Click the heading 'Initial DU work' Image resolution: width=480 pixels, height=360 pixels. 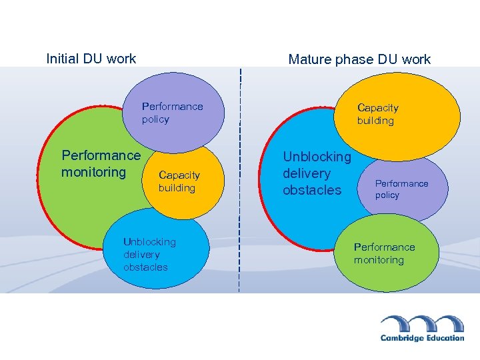(91, 59)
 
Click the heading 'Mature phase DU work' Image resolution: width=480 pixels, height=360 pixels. (359, 59)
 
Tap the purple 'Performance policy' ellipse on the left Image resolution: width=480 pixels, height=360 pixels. (172, 113)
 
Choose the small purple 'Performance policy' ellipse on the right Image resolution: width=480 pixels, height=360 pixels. (401, 189)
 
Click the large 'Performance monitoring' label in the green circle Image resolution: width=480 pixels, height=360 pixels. (101, 164)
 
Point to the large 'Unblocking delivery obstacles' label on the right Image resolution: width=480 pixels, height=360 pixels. (317, 173)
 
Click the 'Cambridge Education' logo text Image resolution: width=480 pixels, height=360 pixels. (422, 338)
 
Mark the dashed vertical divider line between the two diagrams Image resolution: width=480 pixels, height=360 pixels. (239, 180)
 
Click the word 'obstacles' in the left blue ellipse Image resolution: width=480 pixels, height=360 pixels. (145, 267)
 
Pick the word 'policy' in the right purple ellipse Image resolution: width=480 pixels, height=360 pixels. (387, 195)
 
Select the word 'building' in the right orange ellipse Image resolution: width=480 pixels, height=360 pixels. (375, 121)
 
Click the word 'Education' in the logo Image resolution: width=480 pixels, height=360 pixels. (441, 338)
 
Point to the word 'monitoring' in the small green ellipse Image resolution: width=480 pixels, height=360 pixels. (379, 260)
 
